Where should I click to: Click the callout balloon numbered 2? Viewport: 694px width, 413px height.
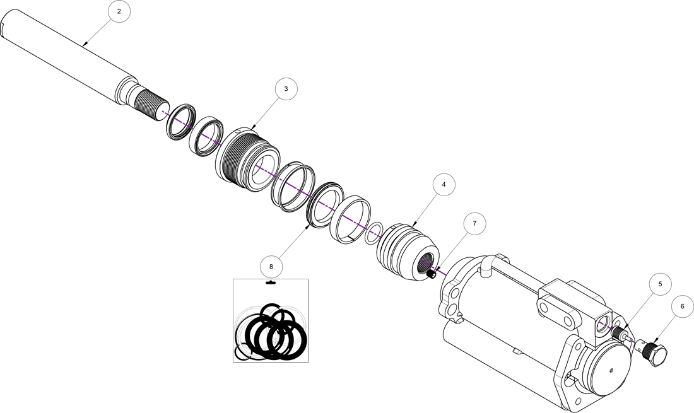click(119, 11)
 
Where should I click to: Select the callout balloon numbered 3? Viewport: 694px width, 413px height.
click(286, 89)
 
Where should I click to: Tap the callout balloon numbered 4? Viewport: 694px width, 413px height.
click(444, 184)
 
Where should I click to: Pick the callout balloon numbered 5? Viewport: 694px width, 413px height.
click(660, 284)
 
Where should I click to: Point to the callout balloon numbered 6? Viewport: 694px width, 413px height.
click(682, 306)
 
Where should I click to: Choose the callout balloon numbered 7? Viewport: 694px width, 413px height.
click(474, 223)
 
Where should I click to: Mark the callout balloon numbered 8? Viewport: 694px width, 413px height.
click(271, 267)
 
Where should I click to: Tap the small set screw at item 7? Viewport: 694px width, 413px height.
click(432, 274)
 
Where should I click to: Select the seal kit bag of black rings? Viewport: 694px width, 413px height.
click(271, 320)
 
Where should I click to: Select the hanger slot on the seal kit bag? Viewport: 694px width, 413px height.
click(271, 283)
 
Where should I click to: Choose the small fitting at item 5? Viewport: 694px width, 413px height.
click(621, 334)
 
